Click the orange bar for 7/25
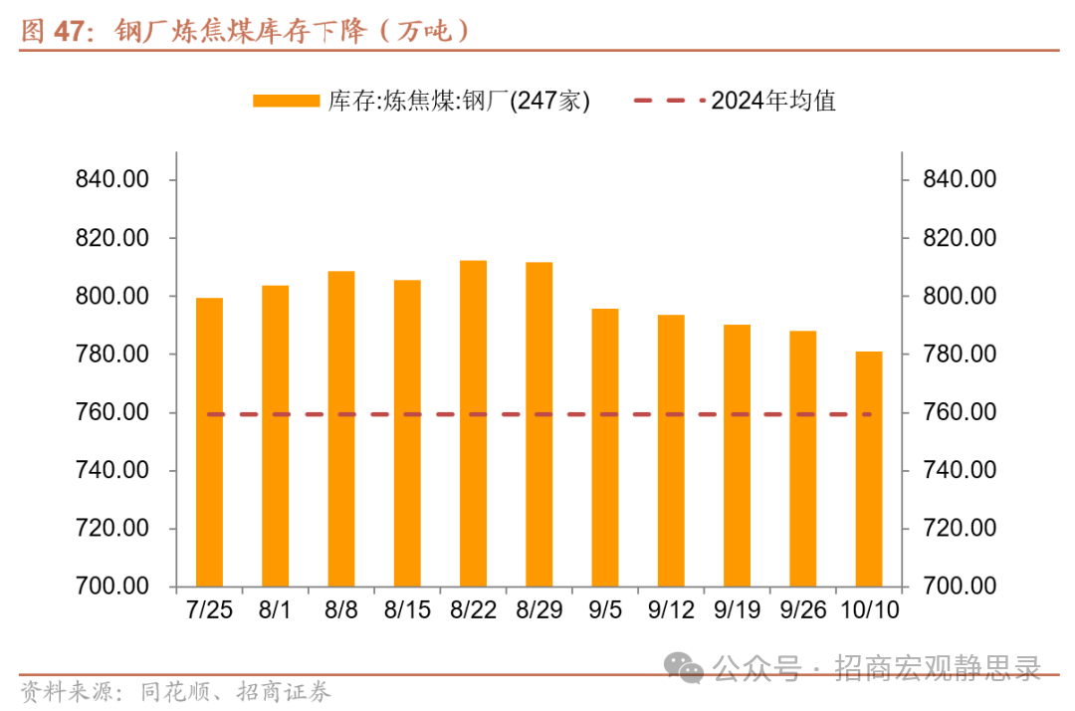coord(209,442)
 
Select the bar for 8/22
coord(473,423)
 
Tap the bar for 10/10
coord(869,468)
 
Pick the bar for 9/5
coord(605,447)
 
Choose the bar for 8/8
coord(341,428)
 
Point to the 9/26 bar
coord(803,458)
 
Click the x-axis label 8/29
coord(538,609)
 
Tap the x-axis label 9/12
coord(671,609)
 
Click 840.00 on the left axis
coord(111,180)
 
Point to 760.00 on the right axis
coord(960,412)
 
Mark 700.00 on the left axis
coord(111,587)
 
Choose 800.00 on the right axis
coord(960,297)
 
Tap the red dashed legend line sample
coord(668,101)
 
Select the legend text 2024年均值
coord(773,101)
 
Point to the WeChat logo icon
coord(686,668)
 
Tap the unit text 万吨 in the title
coord(423,31)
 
